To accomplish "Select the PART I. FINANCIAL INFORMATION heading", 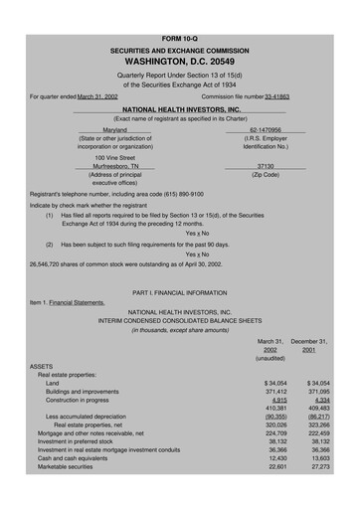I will click(180, 293).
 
